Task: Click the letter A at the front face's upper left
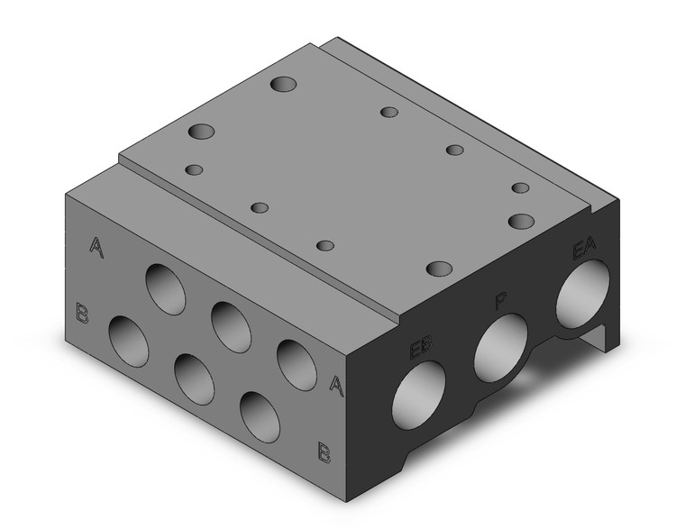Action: tap(96, 247)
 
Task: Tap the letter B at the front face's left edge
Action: tap(83, 315)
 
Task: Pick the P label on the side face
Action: tap(500, 301)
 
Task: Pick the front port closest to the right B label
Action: tap(260, 417)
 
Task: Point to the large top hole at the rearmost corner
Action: tap(284, 85)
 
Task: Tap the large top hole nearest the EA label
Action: tap(522, 221)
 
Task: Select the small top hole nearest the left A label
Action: tap(195, 169)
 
